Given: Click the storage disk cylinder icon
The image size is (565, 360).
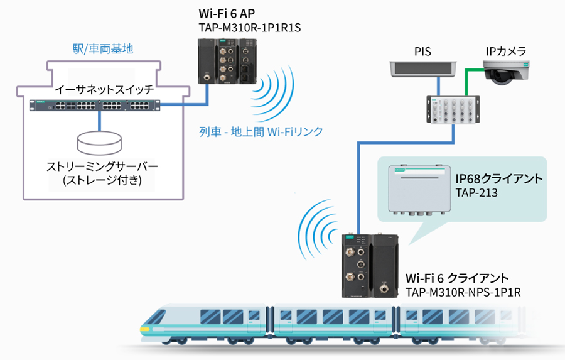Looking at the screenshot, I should (99, 142).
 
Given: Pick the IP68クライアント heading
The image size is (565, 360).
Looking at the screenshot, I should (499, 179).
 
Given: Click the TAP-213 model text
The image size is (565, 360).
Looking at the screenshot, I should (476, 193).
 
